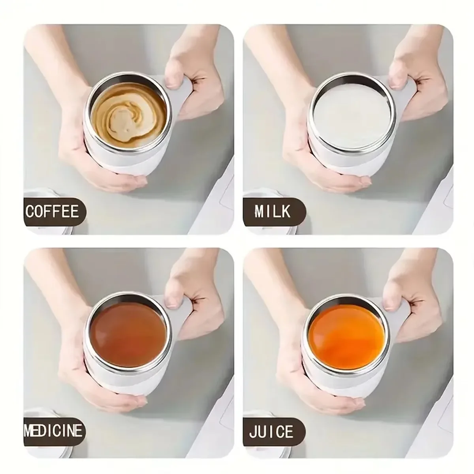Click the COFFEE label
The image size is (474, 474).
[x=52, y=212]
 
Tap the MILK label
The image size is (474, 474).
[x=273, y=212]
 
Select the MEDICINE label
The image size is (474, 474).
[x=54, y=430]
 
